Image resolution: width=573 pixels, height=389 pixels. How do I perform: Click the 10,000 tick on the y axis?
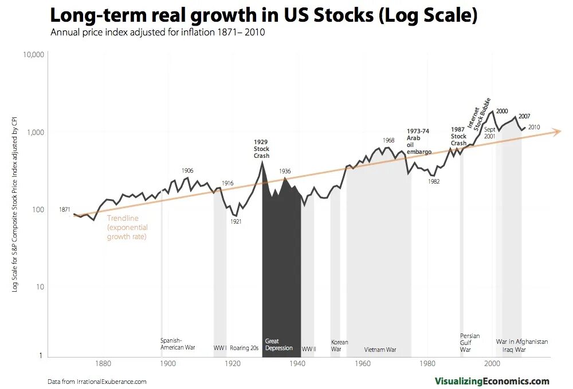(x=33, y=55)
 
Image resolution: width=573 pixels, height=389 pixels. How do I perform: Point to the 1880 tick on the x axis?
(x=103, y=363)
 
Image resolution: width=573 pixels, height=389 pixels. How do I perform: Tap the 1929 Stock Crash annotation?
(x=261, y=148)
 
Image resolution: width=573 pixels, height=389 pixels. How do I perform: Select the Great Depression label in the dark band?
(x=279, y=344)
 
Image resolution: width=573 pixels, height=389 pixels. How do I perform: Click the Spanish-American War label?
(x=178, y=344)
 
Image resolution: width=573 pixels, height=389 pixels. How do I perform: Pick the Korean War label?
(x=340, y=346)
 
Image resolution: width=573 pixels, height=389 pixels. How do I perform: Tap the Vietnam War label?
(x=380, y=350)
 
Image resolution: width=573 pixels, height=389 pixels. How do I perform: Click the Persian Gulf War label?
(x=470, y=342)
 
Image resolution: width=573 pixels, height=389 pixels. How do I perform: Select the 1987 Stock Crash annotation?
(x=458, y=136)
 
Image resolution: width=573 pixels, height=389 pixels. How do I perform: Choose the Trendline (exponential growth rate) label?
(x=127, y=227)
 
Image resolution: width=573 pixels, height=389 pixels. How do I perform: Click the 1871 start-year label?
(x=65, y=210)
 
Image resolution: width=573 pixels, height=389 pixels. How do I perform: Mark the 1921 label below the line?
(x=236, y=222)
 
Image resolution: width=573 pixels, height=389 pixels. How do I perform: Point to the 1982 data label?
(x=433, y=181)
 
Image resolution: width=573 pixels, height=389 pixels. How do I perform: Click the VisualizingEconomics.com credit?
(x=492, y=381)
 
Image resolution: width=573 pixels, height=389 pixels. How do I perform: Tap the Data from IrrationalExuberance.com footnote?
(x=97, y=382)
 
